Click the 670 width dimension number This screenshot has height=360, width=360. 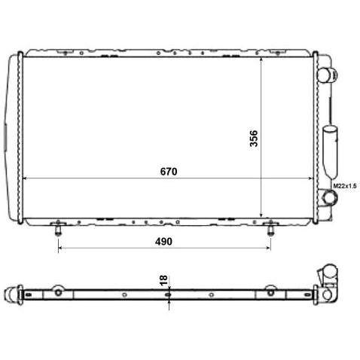pyautogui.click(x=169, y=172)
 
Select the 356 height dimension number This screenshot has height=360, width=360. pyautogui.click(x=254, y=139)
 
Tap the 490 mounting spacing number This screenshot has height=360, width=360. pyautogui.click(x=163, y=242)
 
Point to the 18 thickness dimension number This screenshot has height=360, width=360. pyautogui.click(x=163, y=280)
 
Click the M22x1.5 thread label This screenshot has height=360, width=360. pyautogui.click(x=345, y=186)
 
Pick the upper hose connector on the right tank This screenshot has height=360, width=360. pyautogui.click(x=327, y=75)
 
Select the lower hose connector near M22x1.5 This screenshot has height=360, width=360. pyautogui.click(x=328, y=197)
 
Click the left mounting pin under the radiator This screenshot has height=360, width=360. pyautogui.click(x=58, y=228)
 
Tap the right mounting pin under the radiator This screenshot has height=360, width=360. pyautogui.click(x=270, y=228)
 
